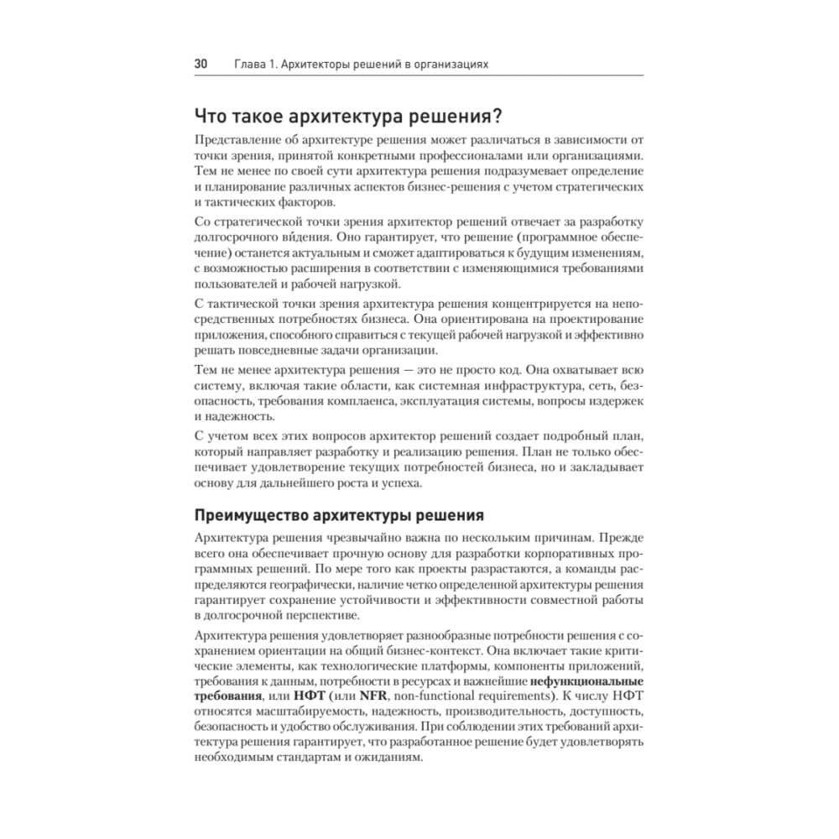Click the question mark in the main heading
(496, 115)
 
